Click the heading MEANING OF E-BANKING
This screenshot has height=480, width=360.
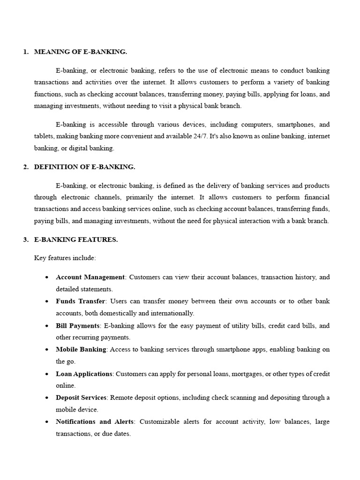(x=80, y=52)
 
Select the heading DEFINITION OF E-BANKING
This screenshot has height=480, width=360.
(x=84, y=167)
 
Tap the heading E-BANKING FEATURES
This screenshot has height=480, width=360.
(x=76, y=240)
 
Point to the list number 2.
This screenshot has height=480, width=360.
(x=25, y=167)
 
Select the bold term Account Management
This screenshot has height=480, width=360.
(x=90, y=277)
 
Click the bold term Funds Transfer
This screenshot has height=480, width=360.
(x=80, y=301)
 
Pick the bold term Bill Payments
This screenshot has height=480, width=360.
(x=77, y=325)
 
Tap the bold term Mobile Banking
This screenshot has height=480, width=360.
(x=81, y=349)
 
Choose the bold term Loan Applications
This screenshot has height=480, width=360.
(x=84, y=374)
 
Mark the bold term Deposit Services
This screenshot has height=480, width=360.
(x=81, y=397)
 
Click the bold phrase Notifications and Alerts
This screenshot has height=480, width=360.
(x=94, y=421)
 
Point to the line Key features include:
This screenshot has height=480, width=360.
(x=65, y=258)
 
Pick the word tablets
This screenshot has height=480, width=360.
(x=44, y=136)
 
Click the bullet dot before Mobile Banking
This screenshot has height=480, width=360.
(x=47, y=350)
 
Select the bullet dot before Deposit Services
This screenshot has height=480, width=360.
(x=47, y=398)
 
